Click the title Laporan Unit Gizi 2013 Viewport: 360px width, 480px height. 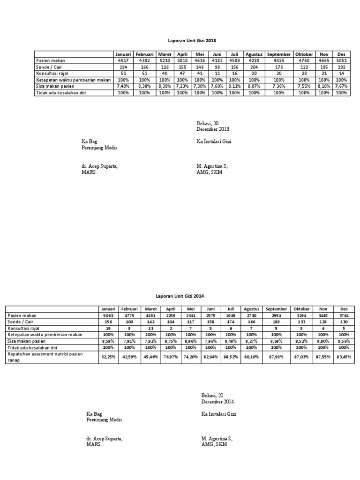(x=193, y=41)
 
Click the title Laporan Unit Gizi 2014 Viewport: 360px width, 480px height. (x=180, y=296)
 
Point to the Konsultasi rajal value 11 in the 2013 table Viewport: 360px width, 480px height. (x=217, y=74)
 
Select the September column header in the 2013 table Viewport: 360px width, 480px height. (x=278, y=54)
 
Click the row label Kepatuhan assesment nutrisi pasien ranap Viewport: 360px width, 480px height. (x=45, y=357)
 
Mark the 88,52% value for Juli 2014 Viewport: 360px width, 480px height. (x=230, y=357)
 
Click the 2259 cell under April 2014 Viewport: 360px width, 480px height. (x=170, y=316)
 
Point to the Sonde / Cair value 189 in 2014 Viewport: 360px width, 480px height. (x=276, y=322)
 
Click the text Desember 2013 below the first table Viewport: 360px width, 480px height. (x=213, y=129)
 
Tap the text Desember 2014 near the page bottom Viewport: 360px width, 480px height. (x=217, y=402)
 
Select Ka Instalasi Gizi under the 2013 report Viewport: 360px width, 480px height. (x=214, y=141)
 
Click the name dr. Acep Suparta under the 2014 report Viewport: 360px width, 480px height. (x=105, y=438)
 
